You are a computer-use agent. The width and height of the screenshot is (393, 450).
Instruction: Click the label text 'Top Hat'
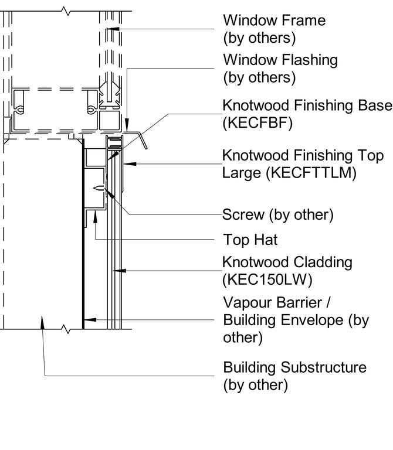(250, 240)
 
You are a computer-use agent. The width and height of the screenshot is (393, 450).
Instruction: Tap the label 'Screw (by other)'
(277, 215)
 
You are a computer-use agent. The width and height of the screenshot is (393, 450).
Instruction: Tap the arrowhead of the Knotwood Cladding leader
(116, 270)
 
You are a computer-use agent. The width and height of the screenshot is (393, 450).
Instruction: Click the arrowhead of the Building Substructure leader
(42, 320)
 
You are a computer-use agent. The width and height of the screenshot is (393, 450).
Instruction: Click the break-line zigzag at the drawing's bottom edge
(66, 330)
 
